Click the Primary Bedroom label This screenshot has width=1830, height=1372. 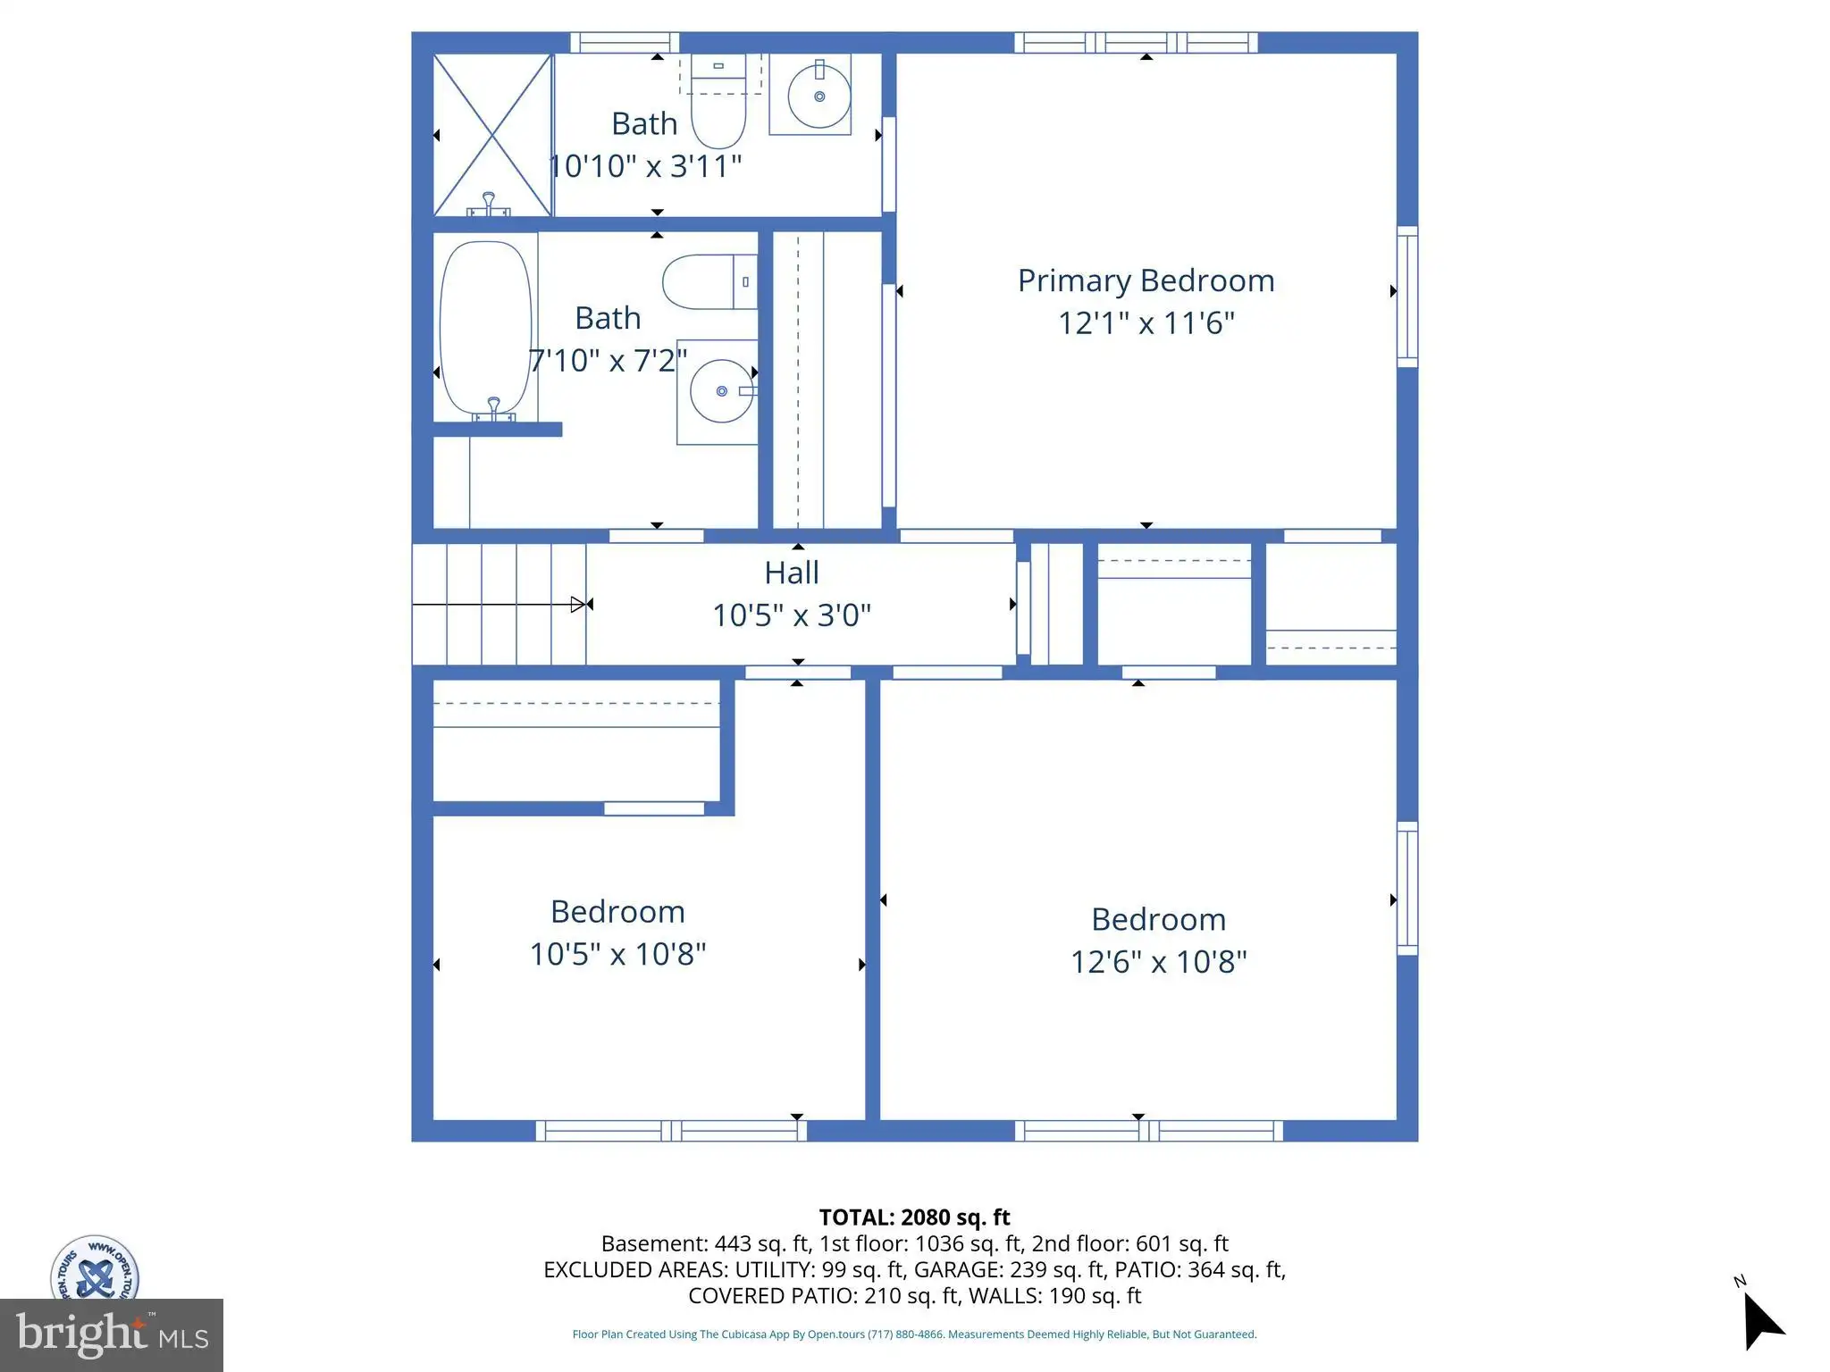(x=1146, y=280)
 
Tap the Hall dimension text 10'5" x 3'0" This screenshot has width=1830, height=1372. (x=792, y=615)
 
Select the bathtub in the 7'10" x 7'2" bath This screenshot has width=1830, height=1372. (x=486, y=329)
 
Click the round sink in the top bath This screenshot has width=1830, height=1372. (x=818, y=96)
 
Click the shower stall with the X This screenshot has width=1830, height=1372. (x=492, y=135)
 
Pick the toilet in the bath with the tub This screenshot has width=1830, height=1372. (x=709, y=281)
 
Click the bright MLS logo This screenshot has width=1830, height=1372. (x=112, y=1334)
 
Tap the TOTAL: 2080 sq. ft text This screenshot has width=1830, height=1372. (x=914, y=1217)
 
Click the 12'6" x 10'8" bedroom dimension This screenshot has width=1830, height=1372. (x=1158, y=962)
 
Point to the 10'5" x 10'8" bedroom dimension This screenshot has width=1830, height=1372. (x=617, y=954)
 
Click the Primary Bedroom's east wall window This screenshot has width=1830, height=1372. (x=1407, y=297)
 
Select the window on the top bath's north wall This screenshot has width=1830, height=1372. (x=625, y=42)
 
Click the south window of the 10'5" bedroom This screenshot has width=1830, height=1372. (x=671, y=1131)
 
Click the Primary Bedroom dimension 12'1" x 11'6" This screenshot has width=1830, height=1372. (x=1146, y=322)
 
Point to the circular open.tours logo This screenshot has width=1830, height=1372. (x=95, y=1268)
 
